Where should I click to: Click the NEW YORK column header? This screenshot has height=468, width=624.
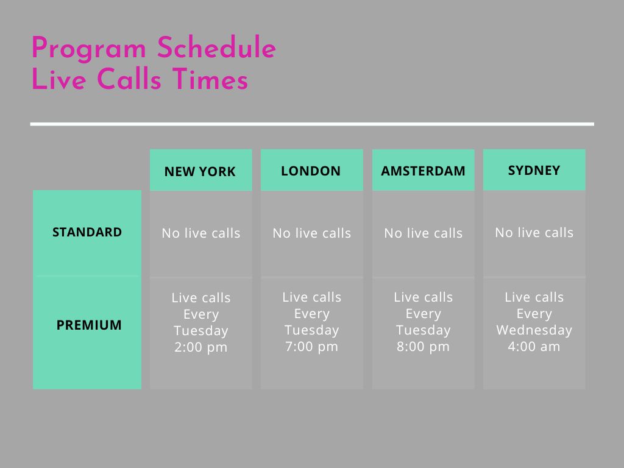[x=200, y=171]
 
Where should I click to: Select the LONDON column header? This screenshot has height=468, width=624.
[x=311, y=171]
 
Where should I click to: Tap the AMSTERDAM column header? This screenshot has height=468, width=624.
[x=423, y=171]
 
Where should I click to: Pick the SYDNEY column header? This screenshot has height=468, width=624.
[x=534, y=171]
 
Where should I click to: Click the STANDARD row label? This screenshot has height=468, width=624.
[x=87, y=232]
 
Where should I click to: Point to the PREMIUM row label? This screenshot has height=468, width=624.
[x=89, y=325]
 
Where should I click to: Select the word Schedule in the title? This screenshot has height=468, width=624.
[x=216, y=47]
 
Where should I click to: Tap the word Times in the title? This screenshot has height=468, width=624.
[x=210, y=79]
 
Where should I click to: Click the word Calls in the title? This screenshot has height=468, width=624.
[x=129, y=79]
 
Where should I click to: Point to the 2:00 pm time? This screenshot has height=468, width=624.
[x=201, y=347]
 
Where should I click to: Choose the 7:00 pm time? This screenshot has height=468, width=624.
[x=311, y=346]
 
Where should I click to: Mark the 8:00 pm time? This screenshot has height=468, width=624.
[x=423, y=346]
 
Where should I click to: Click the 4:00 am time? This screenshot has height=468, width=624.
[x=534, y=346]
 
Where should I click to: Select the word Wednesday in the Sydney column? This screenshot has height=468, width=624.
[x=534, y=330]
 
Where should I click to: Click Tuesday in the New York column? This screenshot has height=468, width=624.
[x=201, y=331]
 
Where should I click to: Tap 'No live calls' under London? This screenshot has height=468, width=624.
[x=311, y=233]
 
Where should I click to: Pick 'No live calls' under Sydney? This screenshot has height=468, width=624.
[x=534, y=232]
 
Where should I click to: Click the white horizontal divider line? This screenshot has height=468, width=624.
[x=312, y=124]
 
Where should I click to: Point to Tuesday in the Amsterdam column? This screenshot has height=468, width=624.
[x=423, y=330]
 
